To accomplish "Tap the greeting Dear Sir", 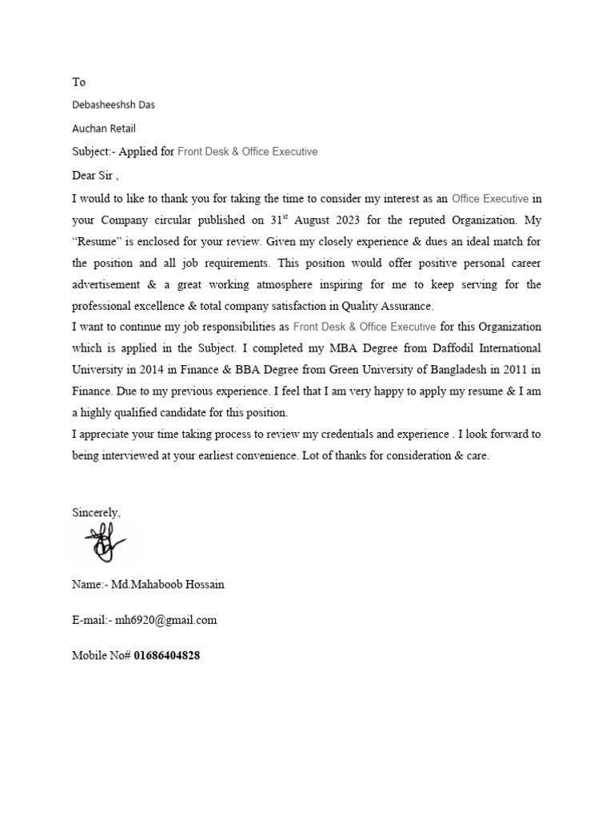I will click(94, 175).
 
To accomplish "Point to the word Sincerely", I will click(96, 512).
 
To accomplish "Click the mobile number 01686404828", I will click(167, 655).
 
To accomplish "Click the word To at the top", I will click(78, 82).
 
